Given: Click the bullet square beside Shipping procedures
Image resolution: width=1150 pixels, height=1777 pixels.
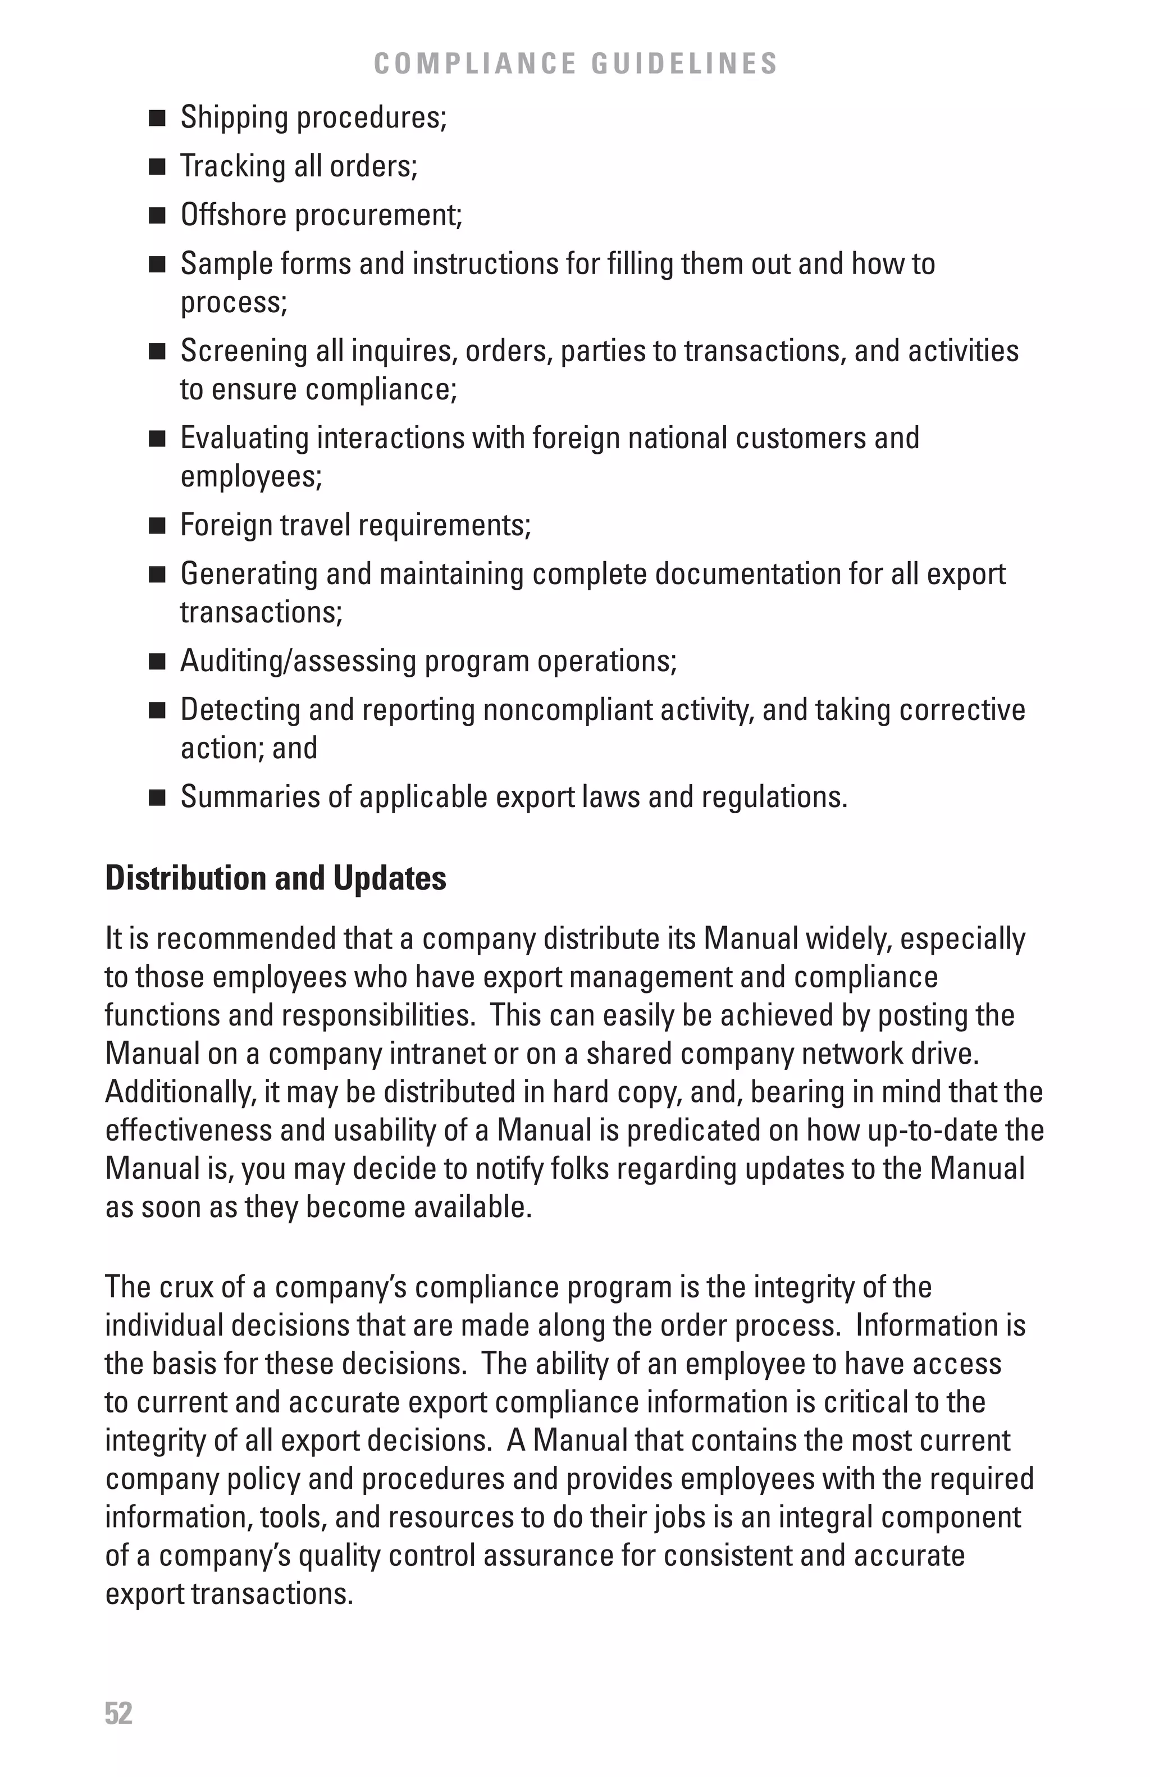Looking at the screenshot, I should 157,118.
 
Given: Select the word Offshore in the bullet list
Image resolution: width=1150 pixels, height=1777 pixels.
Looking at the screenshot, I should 234,215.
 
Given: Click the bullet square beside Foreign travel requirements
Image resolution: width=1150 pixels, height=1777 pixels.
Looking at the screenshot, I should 157,526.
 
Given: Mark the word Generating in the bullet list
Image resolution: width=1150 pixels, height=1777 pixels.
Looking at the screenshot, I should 249,574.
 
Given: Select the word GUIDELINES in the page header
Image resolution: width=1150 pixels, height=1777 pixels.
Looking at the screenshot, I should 684,63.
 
